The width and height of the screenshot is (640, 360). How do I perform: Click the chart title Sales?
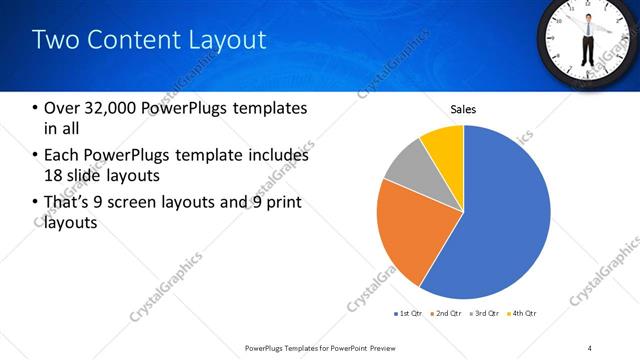[x=463, y=109]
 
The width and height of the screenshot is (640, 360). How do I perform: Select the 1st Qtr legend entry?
[x=408, y=314]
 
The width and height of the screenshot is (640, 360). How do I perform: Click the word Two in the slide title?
[x=52, y=40]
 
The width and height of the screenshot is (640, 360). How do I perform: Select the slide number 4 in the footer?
[x=590, y=348]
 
